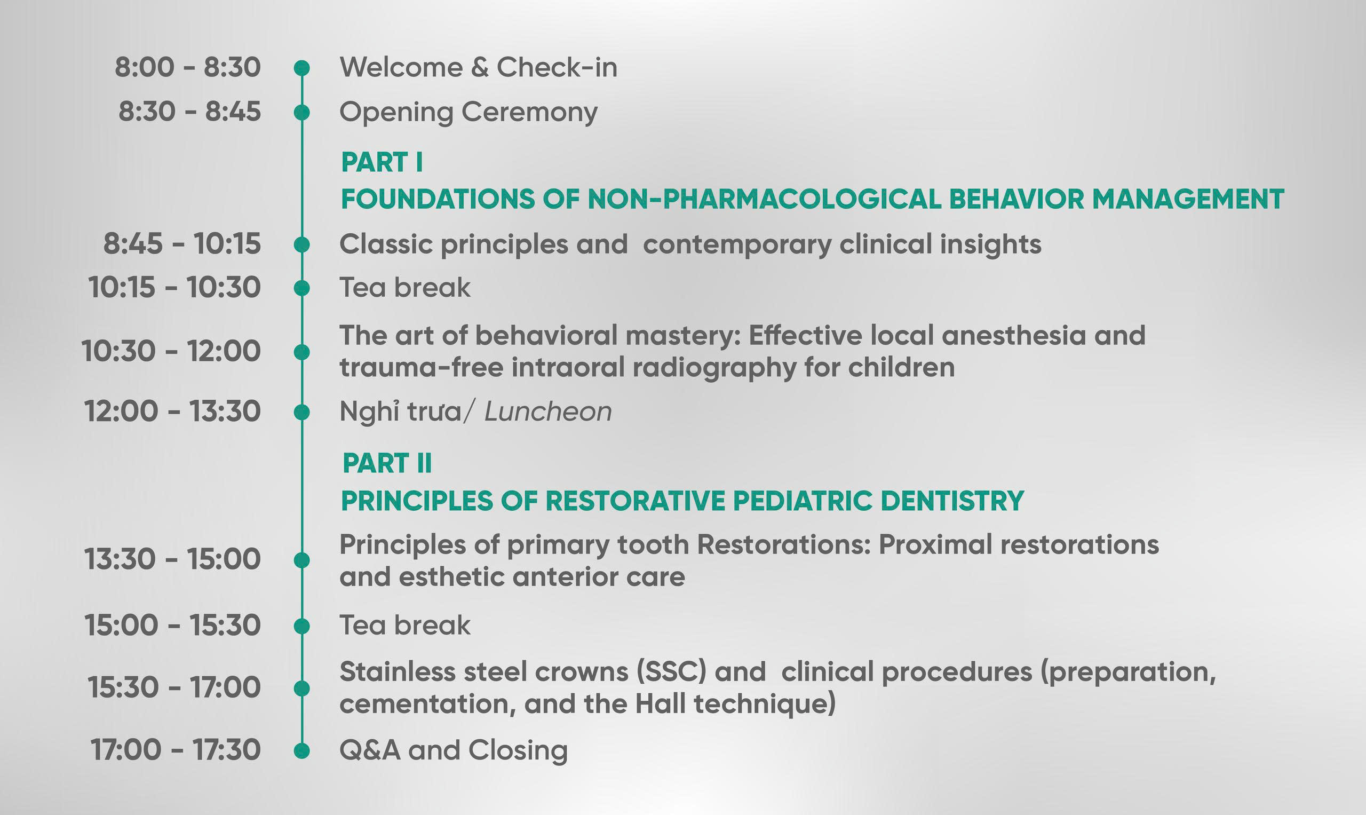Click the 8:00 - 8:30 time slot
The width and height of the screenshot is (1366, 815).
188,68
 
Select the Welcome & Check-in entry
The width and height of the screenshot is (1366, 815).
478,68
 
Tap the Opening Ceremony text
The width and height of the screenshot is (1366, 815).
468,113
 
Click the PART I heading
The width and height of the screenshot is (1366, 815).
382,162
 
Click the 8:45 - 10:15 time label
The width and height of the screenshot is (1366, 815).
182,244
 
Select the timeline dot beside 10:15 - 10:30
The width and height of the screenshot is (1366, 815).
301,288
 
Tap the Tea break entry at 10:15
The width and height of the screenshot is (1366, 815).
405,287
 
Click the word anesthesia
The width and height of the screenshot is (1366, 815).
1013,335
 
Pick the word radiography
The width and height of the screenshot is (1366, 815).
714,367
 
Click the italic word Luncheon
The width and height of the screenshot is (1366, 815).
548,412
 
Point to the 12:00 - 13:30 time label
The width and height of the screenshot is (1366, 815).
172,412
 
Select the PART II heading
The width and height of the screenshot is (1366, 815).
387,463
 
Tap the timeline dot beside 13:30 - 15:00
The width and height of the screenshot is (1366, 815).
301,560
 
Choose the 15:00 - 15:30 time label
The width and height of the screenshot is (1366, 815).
172,626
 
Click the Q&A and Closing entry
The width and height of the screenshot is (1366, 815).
454,751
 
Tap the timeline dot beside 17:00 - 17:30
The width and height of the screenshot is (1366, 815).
301,751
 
